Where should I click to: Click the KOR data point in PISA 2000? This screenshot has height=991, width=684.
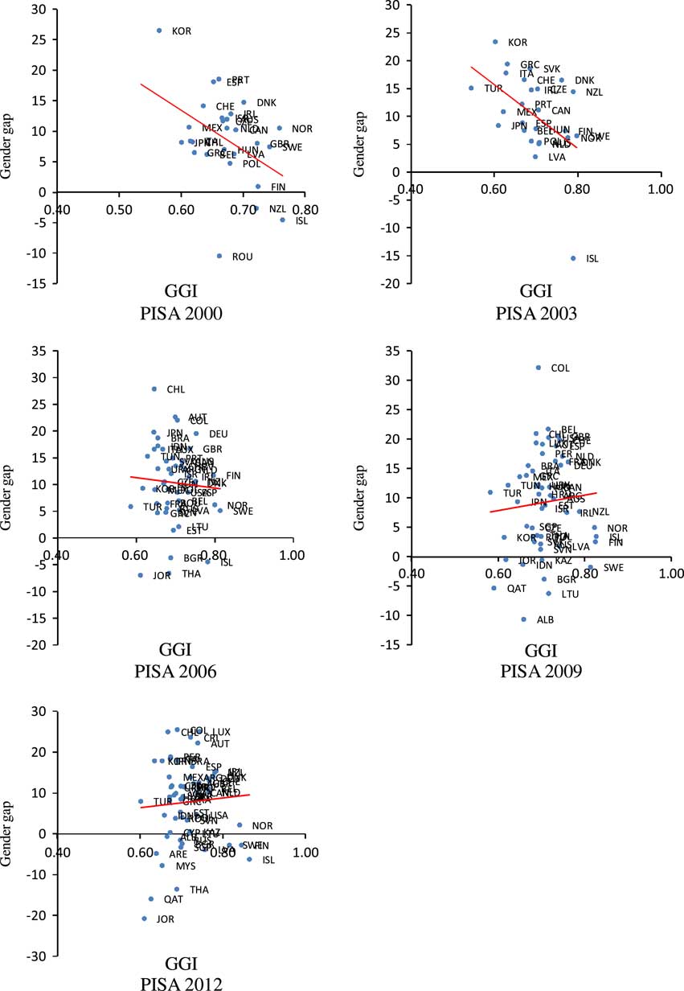point(159,31)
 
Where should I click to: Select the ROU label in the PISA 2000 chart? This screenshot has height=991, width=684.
point(243,257)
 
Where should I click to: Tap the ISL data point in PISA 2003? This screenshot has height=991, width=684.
point(573,258)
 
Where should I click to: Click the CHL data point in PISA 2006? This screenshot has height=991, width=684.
point(154,389)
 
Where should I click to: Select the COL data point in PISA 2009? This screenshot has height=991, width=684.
point(539,368)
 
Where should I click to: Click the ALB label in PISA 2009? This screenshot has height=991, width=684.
point(546,620)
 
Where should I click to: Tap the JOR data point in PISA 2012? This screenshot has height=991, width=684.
point(145,918)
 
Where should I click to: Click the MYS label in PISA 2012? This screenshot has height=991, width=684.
point(186,866)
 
